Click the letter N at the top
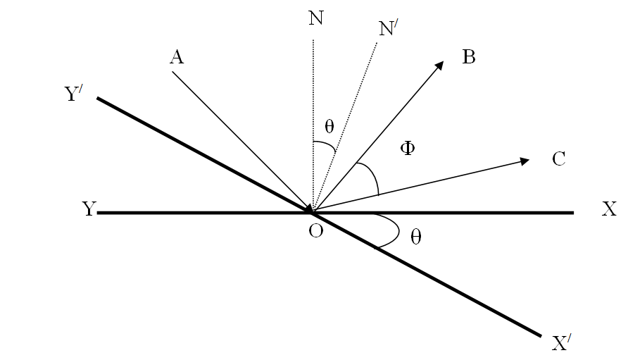pos(316,18)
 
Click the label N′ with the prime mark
pos(387,29)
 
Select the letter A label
pos(177,58)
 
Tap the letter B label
pos(469,58)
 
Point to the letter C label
pos(559,159)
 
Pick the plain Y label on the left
pos(89,210)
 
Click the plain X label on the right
pos(609,210)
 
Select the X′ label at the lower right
pos(561,344)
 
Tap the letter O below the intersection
pos(315,232)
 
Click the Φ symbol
pos(407,149)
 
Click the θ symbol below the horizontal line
pos(416,237)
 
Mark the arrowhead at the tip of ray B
pos(440,64)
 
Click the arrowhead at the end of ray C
pos(525,161)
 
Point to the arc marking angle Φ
pos(372,176)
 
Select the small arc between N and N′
pos(324,147)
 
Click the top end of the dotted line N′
pos(377,44)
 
